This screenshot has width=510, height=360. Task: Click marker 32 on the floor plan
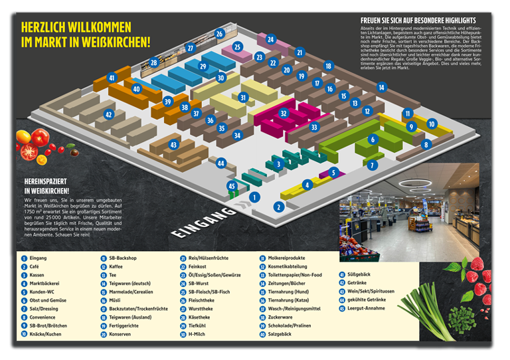tap(284, 114)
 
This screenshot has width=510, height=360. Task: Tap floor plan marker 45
tap(232, 186)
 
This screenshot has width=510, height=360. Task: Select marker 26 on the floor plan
tap(219, 34)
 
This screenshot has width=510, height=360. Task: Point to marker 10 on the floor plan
tap(432, 124)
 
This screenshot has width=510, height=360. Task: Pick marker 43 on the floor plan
tap(173, 144)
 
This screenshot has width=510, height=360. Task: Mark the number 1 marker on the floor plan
tap(254, 197)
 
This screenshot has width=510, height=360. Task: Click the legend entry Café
tap(37, 266)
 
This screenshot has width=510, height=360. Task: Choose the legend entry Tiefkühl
tap(199, 325)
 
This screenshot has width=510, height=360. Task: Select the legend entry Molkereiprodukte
tap(286, 258)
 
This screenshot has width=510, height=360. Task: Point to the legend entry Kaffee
tap(116, 266)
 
